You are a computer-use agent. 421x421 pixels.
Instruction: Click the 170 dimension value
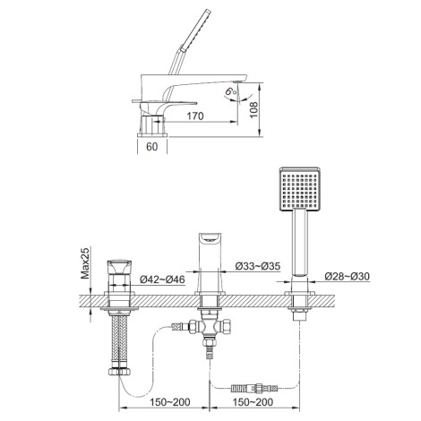click(195, 116)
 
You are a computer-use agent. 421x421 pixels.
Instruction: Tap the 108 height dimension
click(253, 110)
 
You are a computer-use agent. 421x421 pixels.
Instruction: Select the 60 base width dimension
click(152, 147)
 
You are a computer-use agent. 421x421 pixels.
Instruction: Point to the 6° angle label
click(231, 91)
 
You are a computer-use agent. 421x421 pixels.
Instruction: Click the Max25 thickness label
click(85, 263)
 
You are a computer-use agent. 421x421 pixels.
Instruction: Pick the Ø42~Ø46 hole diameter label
click(162, 279)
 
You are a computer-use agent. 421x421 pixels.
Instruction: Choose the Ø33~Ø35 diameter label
click(258, 266)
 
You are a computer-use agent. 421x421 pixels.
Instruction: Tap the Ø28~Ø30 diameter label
click(347, 276)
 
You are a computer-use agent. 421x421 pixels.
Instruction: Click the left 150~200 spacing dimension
click(169, 402)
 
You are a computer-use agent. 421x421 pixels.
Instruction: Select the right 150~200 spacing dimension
click(253, 402)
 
